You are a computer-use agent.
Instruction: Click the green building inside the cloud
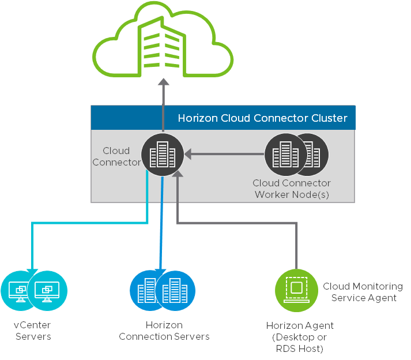(x=163, y=44)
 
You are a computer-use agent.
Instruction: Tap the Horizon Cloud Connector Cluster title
(x=262, y=118)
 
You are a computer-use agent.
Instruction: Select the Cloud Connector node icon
(x=163, y=155)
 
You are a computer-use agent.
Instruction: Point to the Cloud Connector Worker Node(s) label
(x=292, y=189)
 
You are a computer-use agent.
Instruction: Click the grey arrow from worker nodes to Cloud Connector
(x=225, y=154)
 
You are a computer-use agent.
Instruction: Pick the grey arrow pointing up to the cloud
(x=163, y=95)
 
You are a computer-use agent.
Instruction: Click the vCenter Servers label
(x=32, y=331)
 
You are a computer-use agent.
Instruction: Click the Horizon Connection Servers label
(x=164, y=331)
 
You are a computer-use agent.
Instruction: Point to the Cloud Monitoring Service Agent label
(x=363, y=292)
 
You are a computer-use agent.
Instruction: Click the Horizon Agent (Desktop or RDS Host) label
(x=300, y=337)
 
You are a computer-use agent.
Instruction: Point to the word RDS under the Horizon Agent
(x=287, y=348)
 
